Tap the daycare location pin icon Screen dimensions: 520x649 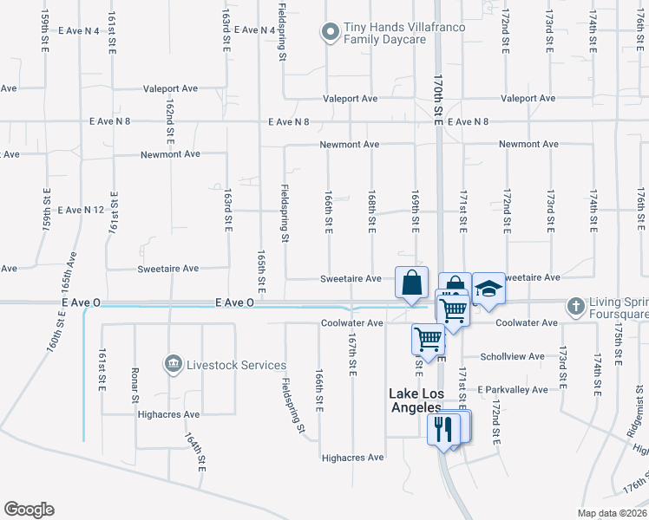330,34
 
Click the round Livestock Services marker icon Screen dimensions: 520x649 174,364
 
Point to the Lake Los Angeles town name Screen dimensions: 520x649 414,400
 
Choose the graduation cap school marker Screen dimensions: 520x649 488,289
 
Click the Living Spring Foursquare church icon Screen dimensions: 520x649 574,306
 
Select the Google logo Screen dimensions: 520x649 29,510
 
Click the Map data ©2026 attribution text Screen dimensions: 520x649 612,513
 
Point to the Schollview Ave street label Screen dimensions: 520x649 514,356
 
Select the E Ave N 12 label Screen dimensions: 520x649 81,210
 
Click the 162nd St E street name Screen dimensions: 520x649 171,121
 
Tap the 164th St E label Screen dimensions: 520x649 194,451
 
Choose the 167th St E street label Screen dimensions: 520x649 352,355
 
